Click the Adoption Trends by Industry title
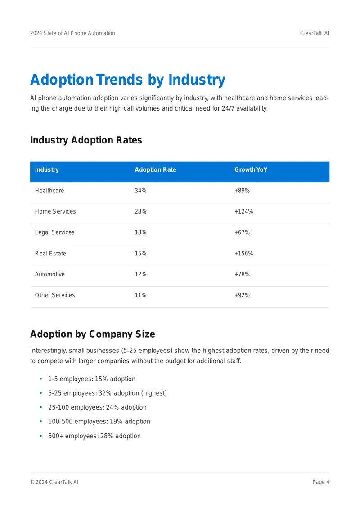[x=127, y=80]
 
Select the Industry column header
[x=47, y=170]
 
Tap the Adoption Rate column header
[x=155, y=170]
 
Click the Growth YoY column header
[x=251, y=170]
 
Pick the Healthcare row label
[x=49, y=191]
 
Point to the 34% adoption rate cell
[x=140, y=191]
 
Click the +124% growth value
[x=243, y=212]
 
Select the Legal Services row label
[x=54, y=232]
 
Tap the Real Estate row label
[x=50, y=254]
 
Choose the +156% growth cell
[x=243, y=254]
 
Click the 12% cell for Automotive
[x=140, y=274]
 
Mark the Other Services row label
[x=55, y=295]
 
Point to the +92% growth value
[x=242, y=295]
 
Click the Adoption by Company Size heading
[x=92, y=334]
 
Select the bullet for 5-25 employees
[x=41, y=393]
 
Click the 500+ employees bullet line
[x=94, y=436]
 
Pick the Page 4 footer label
[x=321, y=482]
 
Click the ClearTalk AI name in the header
[x=315, y=33]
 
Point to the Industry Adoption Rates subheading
[x=86, y=140]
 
